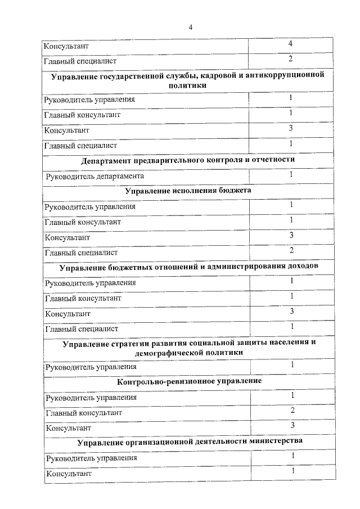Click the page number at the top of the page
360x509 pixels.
coord(190,27)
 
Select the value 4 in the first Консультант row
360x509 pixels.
coord(290,43)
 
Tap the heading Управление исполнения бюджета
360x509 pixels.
coord(188,190)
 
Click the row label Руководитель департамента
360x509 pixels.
coord(91,175)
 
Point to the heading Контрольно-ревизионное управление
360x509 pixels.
coord(190,381)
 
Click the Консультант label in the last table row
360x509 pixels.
coord(67,474)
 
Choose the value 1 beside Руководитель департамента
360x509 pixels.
coord(291,174)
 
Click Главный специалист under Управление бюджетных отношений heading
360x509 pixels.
coord(81,328)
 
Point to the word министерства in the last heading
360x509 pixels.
coord(275,441)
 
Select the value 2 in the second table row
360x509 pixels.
coord(290,58)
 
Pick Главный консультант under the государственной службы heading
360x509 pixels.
coord(83,115)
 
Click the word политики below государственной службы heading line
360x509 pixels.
coord(189,85)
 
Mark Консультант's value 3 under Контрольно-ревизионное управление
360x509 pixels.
coord(292,425)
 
